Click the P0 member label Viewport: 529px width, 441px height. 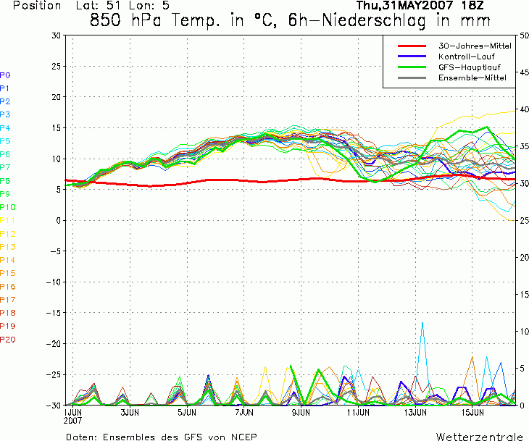[5, 75]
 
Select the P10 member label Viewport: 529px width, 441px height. [8, 207]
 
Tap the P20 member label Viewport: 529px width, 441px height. [8, 340]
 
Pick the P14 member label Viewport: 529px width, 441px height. [8, 260]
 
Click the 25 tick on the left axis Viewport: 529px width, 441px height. [57, 67]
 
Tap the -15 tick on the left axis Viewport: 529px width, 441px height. [54, 313]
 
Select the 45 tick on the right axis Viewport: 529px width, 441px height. [524, 72]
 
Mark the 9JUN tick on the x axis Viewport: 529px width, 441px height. [301, 413]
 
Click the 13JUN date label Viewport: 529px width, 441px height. [415, 413]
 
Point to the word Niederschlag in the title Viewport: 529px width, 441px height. [374, 21]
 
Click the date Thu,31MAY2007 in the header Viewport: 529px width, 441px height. [404, 6]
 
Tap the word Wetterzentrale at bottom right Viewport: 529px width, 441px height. [480, 437]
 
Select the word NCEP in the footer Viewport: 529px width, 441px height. [244, 437]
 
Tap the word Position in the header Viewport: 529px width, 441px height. [37, 6]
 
